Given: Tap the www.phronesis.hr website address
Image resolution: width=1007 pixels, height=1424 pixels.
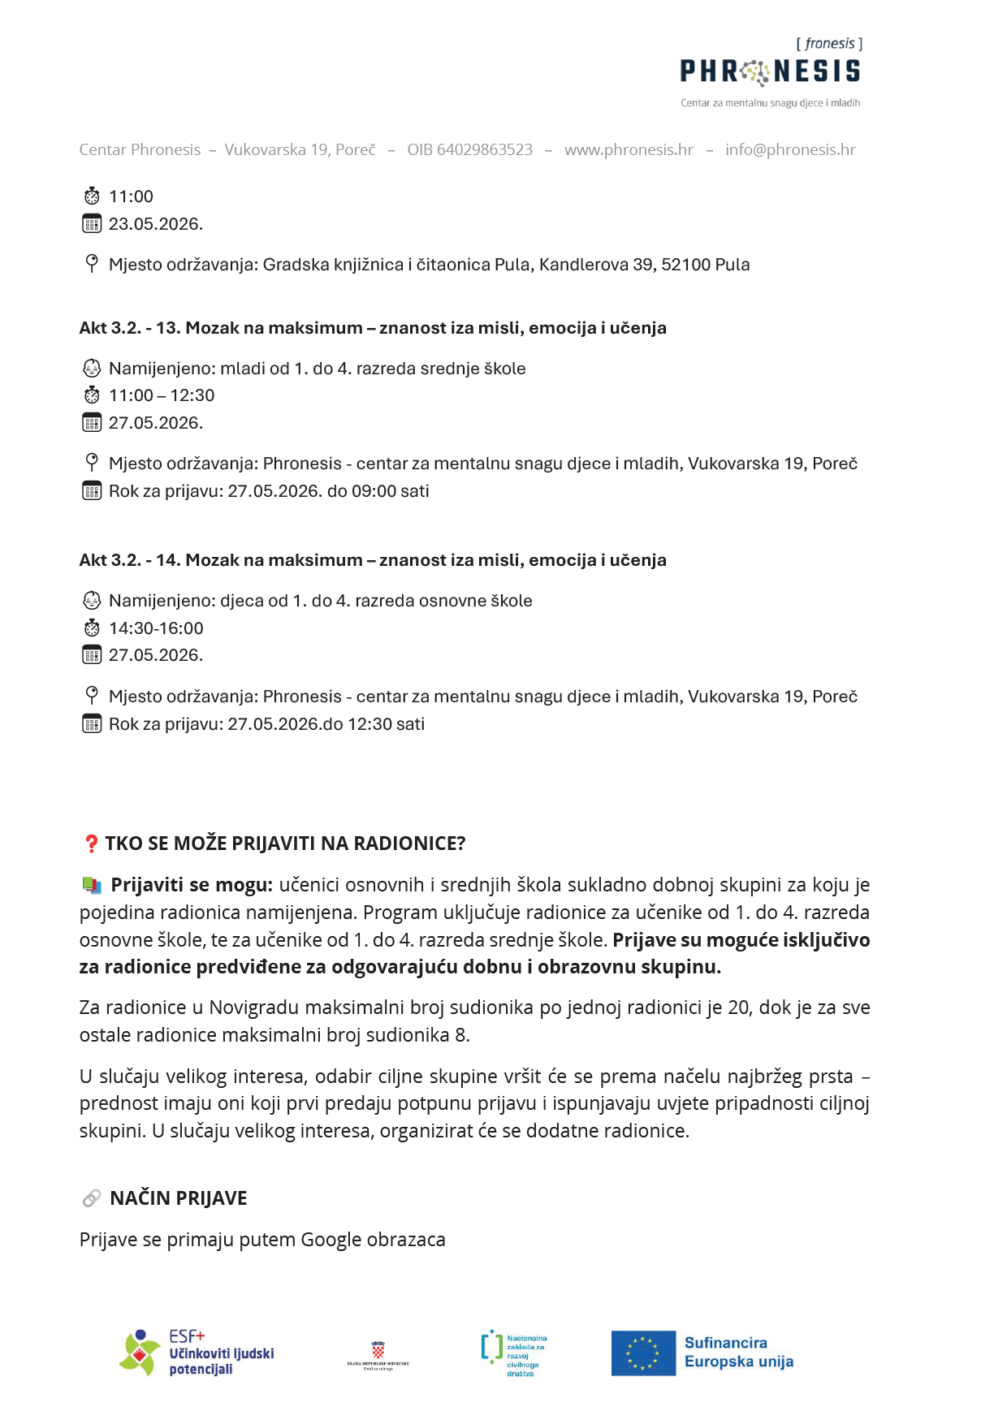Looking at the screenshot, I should [629, 150].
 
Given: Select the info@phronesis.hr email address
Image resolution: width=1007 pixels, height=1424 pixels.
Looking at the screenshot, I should [790, 150].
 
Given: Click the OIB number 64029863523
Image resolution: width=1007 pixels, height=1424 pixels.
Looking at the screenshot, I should [470, 150].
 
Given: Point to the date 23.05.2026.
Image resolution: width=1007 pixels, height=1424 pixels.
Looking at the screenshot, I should [156, 224].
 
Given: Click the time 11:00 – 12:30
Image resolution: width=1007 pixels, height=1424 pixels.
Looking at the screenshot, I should [162, 395].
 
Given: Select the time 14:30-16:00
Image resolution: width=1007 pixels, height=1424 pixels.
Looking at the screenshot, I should [156, 628].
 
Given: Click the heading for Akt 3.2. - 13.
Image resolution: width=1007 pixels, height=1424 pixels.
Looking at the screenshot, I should [373, 328].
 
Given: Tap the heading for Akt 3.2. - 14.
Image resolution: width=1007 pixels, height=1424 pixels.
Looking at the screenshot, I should [373, 560].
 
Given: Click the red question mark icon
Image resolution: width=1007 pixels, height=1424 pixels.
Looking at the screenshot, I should [91, 844].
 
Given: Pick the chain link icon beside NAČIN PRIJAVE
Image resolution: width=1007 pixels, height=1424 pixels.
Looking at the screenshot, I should [92, 1198].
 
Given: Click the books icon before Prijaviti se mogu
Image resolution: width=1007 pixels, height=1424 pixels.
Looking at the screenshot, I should [92, 885].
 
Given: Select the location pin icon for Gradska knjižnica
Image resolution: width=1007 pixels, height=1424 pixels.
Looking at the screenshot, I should [92, 263].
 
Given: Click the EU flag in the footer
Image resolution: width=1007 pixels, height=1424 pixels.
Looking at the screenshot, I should [643, 1353].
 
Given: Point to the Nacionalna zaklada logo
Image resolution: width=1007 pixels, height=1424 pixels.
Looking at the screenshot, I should [514, 1353].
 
